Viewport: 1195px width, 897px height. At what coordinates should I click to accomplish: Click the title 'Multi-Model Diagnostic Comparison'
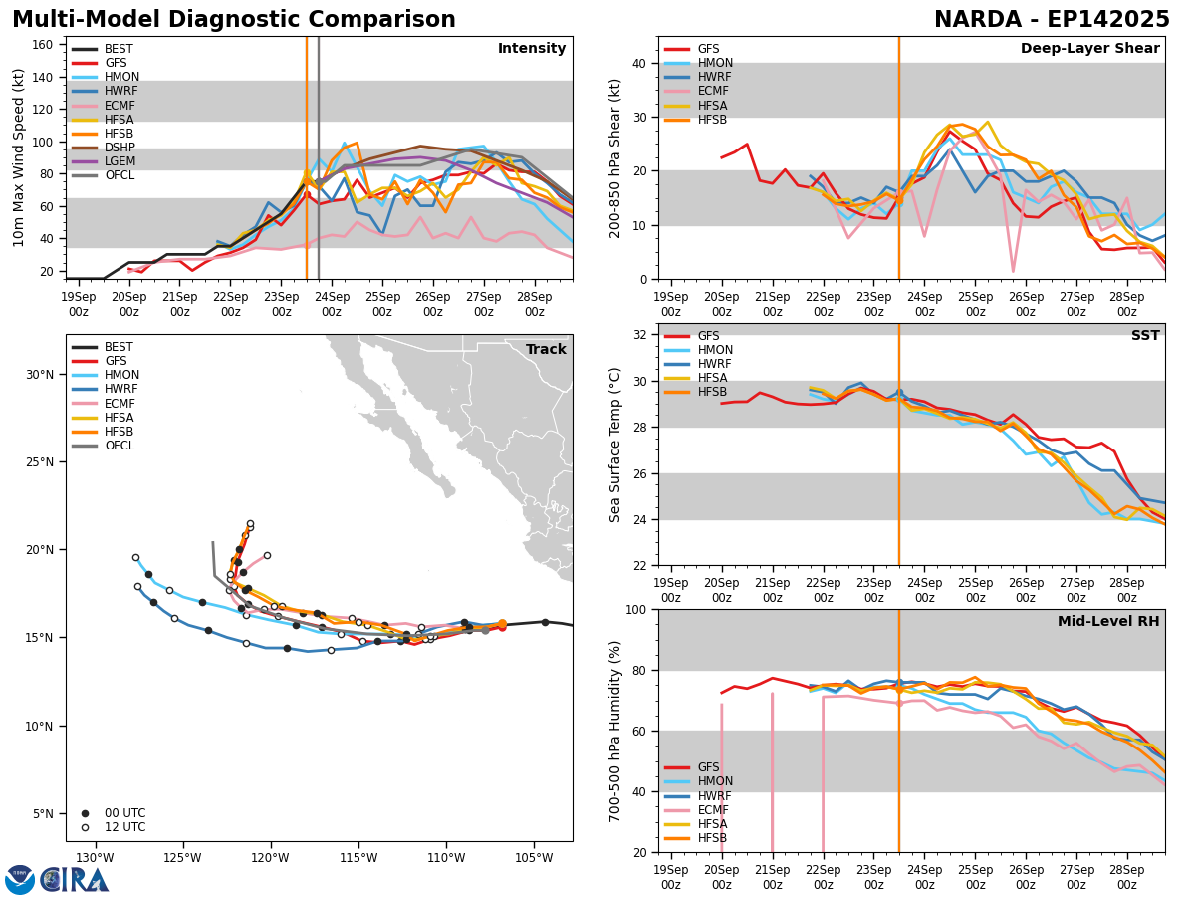[234, 20]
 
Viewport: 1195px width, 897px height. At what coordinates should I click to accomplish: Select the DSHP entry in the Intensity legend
[119, 148]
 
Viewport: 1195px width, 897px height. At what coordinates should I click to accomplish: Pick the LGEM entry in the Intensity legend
[119, 161]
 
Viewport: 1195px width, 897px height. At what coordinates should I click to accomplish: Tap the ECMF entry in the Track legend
[119, 404]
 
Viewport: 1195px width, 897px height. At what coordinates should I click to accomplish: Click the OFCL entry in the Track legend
[119, 446]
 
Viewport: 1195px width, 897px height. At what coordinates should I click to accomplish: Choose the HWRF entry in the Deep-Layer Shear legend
[715, 78]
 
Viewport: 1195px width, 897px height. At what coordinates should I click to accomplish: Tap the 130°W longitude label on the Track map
[95, 858]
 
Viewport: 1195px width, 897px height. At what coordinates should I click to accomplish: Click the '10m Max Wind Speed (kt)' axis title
[19, 157]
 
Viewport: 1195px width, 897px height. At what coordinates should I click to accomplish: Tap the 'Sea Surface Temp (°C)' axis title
[615, 445]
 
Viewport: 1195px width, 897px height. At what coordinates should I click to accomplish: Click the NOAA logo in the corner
[20, 879]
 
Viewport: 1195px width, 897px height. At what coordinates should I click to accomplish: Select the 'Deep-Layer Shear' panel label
[1089, 49]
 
